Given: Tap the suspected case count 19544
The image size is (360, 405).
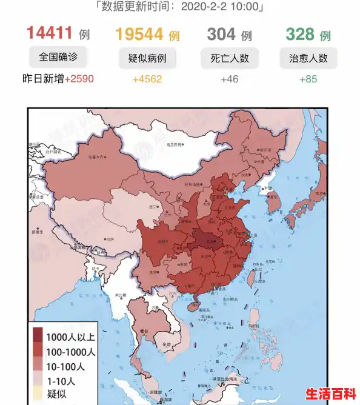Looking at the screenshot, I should [x=141, y=34].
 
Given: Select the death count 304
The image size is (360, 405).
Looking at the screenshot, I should [x=221, y=34].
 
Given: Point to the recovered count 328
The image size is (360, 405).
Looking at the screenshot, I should [x=300, y=34].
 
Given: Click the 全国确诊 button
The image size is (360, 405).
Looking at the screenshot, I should [x=58, y=58].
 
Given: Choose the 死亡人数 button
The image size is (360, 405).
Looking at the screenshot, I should [x=230, y=59].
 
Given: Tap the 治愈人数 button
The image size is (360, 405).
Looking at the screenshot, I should [x=308, y=59].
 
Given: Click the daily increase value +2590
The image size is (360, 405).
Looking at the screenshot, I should [x=79, y=79].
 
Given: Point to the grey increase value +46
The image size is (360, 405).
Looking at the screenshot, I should [x=230, y=79].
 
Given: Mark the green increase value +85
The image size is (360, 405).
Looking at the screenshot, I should [x=308, y=79].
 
